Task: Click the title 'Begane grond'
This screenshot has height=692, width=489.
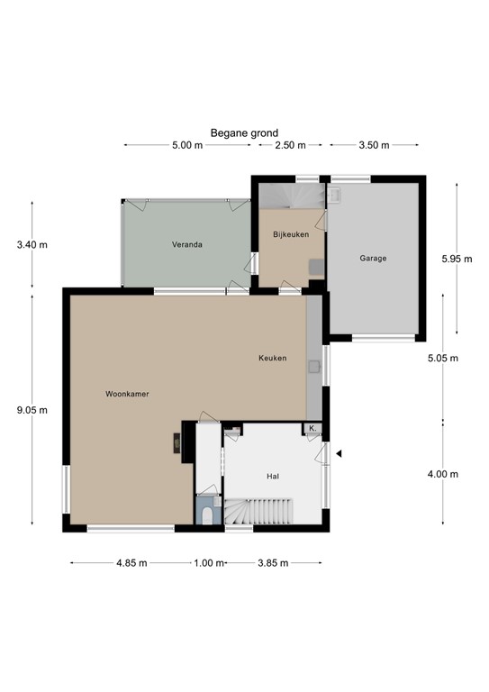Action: click(244, 132)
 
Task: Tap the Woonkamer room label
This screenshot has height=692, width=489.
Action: click(126, 394)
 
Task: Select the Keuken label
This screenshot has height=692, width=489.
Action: click(272, 358)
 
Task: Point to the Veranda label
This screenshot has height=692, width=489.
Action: click(187, 244)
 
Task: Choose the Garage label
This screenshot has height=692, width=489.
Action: click(373, 259)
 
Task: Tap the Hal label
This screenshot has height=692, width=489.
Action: click(274, 476)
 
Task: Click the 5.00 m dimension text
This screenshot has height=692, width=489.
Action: click(186, 146)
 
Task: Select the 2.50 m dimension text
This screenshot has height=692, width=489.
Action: click(290, 146)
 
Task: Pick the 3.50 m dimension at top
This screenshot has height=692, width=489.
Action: click(373, 146)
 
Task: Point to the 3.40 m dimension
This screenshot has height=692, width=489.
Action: click(32, 244)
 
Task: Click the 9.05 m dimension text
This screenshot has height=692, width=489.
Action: click(32, 409)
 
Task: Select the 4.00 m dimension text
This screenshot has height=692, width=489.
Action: click(443, 475)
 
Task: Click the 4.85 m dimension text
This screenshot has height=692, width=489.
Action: click(126, 563)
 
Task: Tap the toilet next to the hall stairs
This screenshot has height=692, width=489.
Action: click(208, 514)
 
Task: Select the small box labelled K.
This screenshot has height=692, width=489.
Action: click(312, 428)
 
